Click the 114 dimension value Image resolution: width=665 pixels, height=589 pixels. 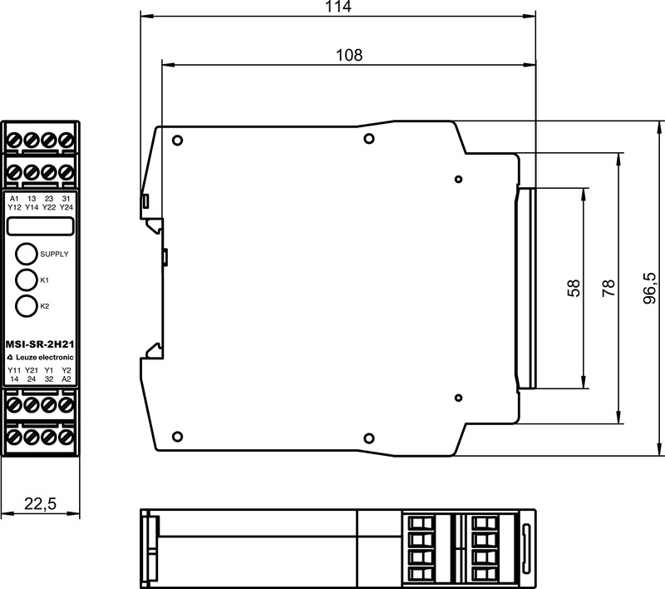[338, 6]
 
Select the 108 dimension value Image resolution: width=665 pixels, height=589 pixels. [349, 55]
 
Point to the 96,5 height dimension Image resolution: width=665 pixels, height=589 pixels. [650, 288]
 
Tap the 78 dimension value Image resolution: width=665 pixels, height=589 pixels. [608, 288]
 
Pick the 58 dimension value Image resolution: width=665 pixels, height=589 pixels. [574, 288]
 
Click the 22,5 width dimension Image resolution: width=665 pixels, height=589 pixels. [40, 503]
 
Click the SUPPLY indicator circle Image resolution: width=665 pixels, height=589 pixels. [26, 254]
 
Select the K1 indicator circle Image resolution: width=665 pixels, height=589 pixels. [26, 280]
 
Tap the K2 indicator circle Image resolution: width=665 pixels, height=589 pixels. [26, 305]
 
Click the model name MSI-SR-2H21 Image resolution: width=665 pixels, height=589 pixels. [40, 344]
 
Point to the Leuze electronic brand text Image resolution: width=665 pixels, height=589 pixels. [40, 357]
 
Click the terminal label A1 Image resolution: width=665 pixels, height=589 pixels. [14, 199]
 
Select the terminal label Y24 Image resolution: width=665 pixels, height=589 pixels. [66, 207]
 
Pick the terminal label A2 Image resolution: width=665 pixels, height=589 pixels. [66, 379]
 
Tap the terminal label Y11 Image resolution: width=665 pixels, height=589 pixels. [14, 370]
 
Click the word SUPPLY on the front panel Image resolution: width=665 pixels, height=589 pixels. [54, 255]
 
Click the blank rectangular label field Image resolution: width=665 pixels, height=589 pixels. [40, 226]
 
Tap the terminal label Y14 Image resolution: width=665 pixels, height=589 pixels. [32, 207]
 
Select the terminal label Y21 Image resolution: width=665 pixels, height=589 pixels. [32, 370]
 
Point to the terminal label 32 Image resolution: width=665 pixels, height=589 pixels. [49, 379]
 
